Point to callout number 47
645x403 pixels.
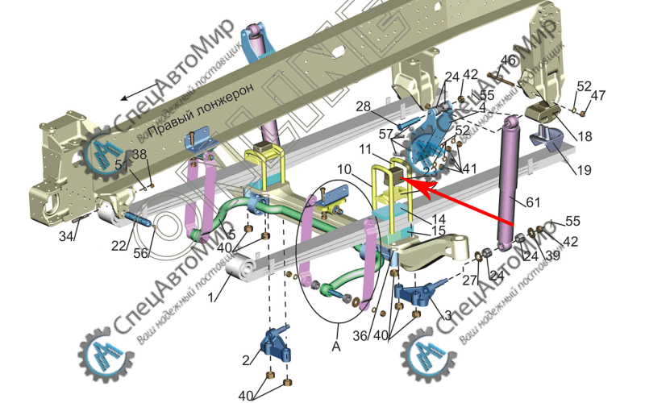[x=597, y=95]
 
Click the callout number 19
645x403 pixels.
[x=584, y=169]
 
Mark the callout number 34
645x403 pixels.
[x=68, y=237]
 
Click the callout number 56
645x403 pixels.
[x=143, y=253]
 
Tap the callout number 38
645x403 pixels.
[x=139, y=155]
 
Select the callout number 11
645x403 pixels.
[x=366, y=150]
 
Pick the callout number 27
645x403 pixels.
[x=469, y=280]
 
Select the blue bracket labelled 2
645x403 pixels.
[x=274, y=347]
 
